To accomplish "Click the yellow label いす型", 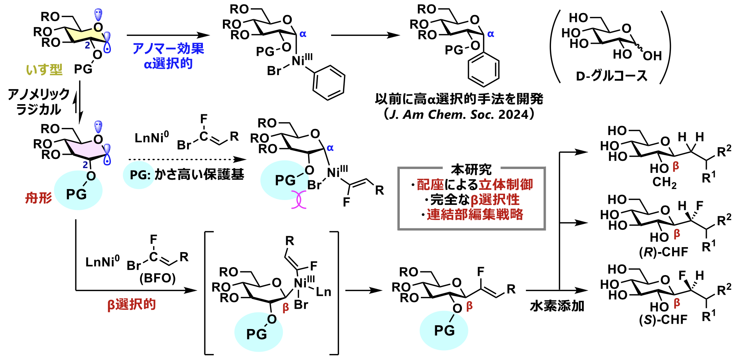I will (x=44, y=69).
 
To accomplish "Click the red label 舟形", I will (x=38, y=197).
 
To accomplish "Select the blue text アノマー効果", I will (x=168, y=48).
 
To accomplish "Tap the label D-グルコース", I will (x=611, y=76).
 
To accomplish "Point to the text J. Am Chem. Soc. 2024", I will (x=459, y=114).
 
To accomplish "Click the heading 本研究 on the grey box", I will (x=471, y=169).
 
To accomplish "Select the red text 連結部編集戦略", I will (x=475, y=214).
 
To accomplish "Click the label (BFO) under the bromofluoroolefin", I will (x=158, y=278).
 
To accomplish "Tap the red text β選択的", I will (x=131, y=304).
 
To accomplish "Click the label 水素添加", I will (x=557, y=306).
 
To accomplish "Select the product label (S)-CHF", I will (x=663, y=320).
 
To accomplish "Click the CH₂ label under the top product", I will (x=664, y=183).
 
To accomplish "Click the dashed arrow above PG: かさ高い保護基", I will (x=187, y=159).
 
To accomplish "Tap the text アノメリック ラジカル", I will (x=38, y=102).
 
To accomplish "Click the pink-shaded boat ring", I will (x=85, y=148).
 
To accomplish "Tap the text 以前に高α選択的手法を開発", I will (x=459, y=99).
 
